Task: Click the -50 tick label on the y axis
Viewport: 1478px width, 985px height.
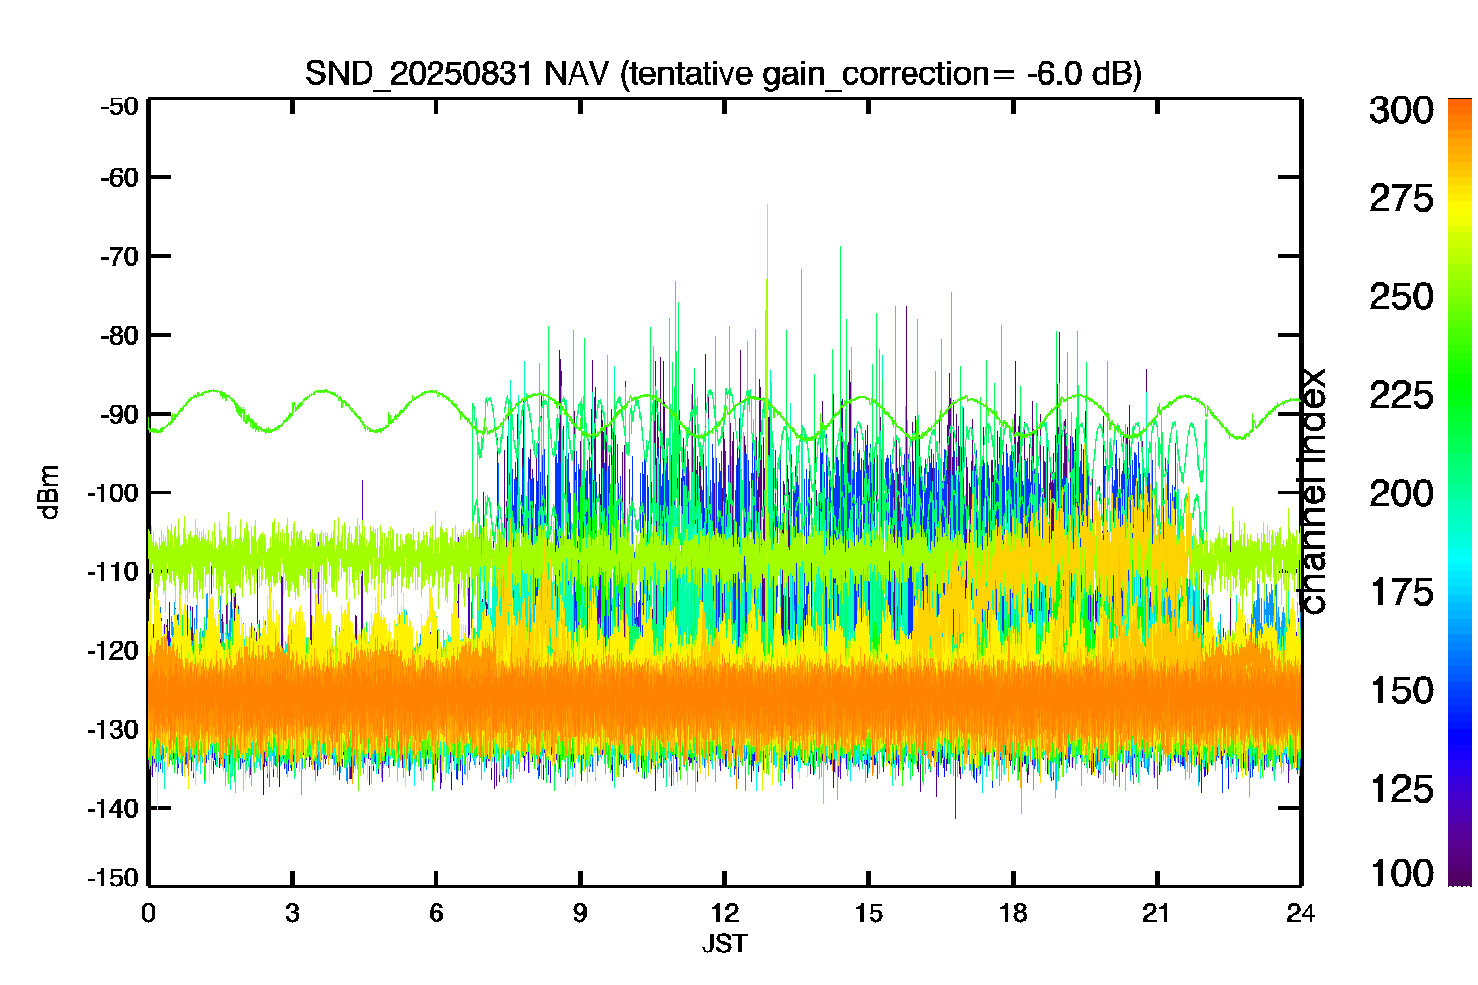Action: [x=119, y=106]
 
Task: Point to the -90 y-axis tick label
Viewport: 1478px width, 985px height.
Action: [x=119, y=415]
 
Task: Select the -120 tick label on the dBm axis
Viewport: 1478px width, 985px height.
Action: [x=113, y=651]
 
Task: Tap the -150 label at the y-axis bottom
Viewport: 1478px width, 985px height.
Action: [x=113, y=878]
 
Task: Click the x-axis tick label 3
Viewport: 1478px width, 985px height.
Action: [x=292, y=913]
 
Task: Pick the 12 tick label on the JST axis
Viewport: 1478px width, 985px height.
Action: [x=724, y=913]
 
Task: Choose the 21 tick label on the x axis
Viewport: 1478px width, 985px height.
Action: [x=1156, y=913]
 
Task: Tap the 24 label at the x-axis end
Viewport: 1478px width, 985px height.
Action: [x=1301, y=913]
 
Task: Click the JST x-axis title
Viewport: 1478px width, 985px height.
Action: [x=724, y=944]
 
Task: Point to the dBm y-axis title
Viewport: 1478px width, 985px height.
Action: [x=49, y=492]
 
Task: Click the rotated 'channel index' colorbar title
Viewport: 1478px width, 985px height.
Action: [x=1311, y=491]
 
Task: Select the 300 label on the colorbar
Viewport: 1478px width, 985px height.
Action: [x=1401, y=110]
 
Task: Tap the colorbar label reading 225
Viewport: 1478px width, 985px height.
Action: [x=1401, y=396]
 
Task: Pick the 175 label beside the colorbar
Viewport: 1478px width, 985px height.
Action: [x=1401, y=592]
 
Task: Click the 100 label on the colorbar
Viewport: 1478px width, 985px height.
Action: [x=1401, y=874]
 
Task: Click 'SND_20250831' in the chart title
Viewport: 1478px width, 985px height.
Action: [x=419, y=74]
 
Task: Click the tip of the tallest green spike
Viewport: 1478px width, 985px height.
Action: [x=767, y=205]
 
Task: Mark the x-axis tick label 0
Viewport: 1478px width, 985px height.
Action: [x=148, y=913]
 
